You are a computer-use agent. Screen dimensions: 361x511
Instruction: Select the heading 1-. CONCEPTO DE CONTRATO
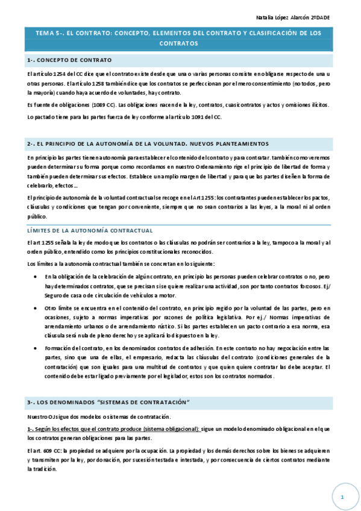[x=69, y=61]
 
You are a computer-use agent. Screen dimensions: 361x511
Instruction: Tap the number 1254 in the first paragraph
[x=61, y=74]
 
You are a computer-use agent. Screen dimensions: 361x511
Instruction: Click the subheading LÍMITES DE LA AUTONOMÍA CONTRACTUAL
[x=90, y=230]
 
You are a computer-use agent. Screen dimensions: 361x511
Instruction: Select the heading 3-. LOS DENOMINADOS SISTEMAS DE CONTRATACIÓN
[x=108, y=401]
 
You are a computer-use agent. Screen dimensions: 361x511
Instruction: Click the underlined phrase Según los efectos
[x=60, y=429]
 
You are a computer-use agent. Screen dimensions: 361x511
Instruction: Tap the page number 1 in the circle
[x=341, y=497]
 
